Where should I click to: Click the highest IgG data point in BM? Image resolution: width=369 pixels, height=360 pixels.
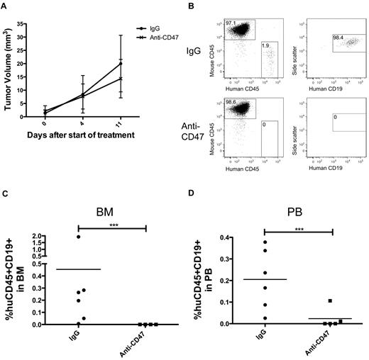coord(78,237)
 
